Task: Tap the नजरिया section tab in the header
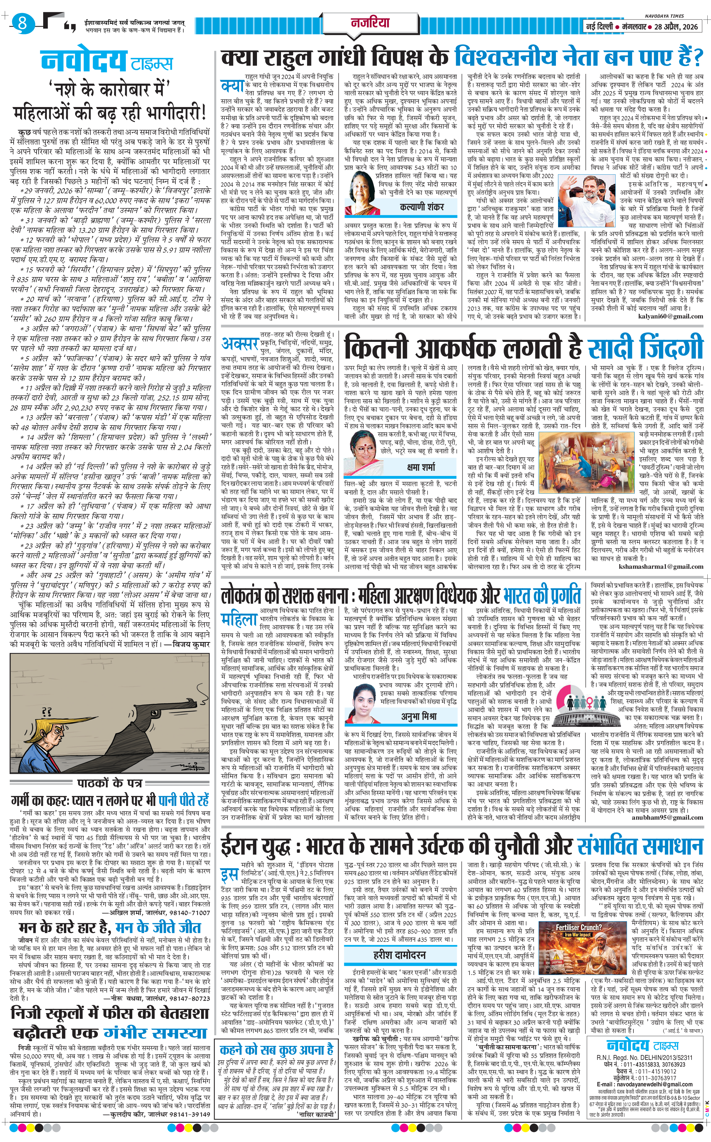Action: tap(370, 22)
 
